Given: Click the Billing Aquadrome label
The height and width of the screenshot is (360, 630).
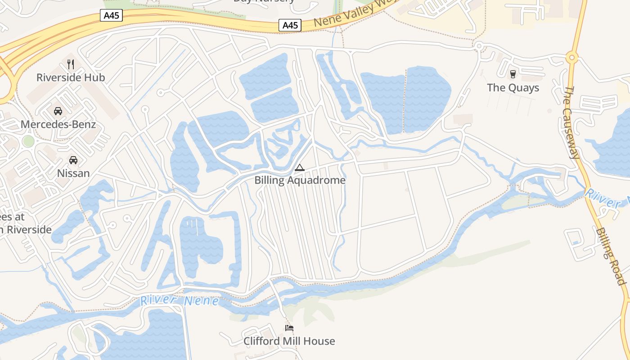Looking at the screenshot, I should pyautogui.click(x=300, y=180).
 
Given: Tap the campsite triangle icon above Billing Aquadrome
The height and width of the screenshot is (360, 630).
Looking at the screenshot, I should pyautogui.click(x=299, y=168).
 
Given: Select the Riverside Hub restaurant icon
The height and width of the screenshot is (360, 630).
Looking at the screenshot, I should pyautogui.click(x=71, y=64).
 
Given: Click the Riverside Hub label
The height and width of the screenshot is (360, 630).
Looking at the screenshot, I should pyautogui.click(x=71, y=77).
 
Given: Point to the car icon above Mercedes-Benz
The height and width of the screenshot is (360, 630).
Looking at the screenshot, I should pyautogui.click(x=58, y=111).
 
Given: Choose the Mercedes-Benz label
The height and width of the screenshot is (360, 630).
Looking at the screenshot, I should pyautogui.click(x=58, y=124).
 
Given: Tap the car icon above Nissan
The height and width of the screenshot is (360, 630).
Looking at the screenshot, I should pyautogui.click(x=73, y=160).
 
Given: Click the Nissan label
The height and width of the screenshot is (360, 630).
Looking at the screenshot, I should pyautogui.click(x=73, y=173).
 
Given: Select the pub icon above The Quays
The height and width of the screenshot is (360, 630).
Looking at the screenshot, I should pyautogui.click(x=513, y=74).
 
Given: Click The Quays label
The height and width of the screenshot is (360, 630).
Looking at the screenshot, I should pyautogui.click(x=513, y=87).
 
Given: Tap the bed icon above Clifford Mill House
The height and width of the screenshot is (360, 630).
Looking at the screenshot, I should pyautogui.click(x=289, y=328).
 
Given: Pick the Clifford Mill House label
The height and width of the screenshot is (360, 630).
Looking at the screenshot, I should pyautogui.click(x=289, y=341).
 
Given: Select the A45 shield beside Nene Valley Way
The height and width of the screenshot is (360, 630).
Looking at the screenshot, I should pyautogui.click(x=290, y=25).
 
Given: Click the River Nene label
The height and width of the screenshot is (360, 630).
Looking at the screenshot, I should pyautogui.click(x=180, y=301).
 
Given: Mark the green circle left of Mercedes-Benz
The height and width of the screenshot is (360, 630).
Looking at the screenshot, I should pyautogui.click(x=28, y=141).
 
